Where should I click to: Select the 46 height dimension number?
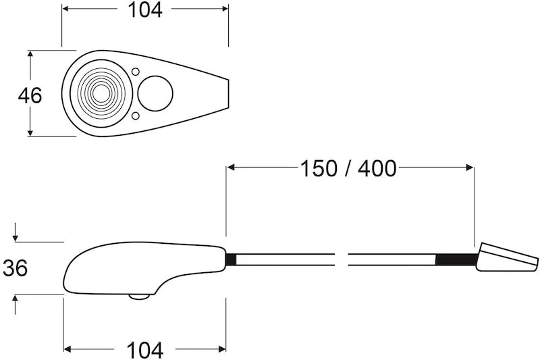click(30, 95)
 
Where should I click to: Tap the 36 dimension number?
click(15, 268)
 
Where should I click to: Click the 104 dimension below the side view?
click(145, 350)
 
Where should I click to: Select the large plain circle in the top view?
click(155, 93)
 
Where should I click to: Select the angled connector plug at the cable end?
click(506, 259)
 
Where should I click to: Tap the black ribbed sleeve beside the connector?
click(456, 260)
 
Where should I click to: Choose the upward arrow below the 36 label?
click(15, 298)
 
